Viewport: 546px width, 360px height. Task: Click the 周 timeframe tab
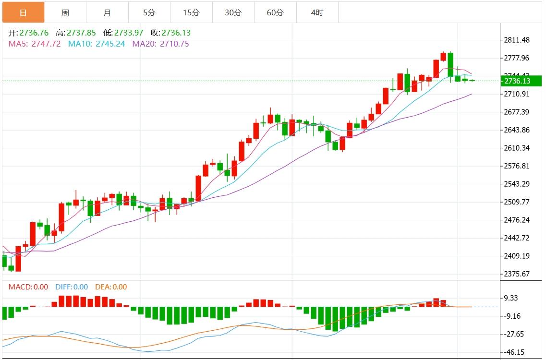65,12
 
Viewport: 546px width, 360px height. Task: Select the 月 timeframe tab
107,12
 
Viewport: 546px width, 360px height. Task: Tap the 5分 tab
149,12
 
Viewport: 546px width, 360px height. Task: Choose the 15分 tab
191,12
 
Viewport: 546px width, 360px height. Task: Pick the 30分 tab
233,12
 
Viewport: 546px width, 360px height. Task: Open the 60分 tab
275,12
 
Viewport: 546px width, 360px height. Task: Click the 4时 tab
317,12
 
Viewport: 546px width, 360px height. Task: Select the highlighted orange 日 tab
23,12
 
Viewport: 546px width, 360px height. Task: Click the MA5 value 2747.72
46,44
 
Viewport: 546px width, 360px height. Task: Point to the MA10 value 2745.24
110,44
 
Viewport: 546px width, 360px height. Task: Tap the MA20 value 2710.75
174,44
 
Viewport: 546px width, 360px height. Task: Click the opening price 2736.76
34,33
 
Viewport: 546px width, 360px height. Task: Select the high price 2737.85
81,33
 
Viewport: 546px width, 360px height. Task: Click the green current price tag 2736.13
518,81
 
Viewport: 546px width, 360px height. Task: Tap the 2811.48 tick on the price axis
517,40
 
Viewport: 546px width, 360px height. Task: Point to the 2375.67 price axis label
517,274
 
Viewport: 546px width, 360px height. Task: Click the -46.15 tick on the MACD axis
514,352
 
